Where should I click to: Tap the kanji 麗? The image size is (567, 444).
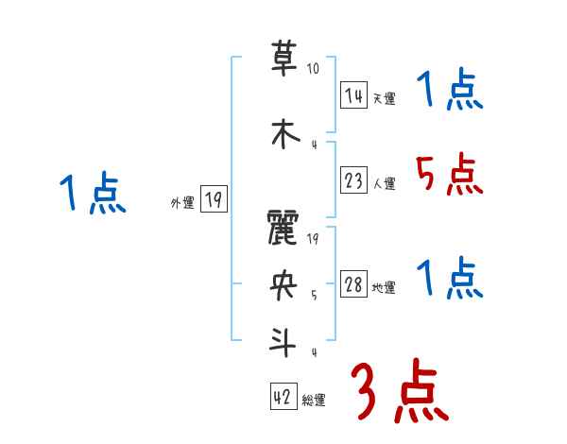tap(283, 229)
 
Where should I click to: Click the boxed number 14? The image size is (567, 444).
tap(354, 95)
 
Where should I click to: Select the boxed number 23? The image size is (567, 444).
tap(354, 181)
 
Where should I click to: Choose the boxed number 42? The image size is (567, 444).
tap(282, 398)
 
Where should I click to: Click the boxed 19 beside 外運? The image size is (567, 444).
tap(214, 199)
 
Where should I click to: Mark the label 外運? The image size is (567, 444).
tap(182, 202)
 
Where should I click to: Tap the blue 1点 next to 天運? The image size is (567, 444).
tap(449, 92)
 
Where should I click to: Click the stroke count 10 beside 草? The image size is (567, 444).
tap(313, 69)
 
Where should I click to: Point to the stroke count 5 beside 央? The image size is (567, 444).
tap(314, 295)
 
